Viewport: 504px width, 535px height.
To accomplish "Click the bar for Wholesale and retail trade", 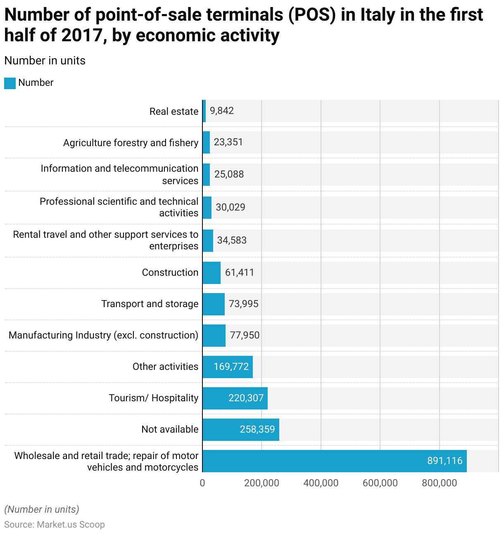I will coord(335,461).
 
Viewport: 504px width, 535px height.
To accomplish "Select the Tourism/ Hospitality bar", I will coord(235,398).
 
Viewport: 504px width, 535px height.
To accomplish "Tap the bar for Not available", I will coord(241,430).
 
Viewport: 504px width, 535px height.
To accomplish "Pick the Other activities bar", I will coord(228,367).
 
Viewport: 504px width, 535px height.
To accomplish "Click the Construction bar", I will coord(212,273).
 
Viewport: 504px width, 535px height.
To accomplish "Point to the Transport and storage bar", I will coord(214,304).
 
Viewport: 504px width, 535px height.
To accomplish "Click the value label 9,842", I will coord(222,111).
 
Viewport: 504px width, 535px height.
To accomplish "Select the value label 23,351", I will coord(228,142).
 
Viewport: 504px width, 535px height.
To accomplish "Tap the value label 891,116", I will coord(445,461).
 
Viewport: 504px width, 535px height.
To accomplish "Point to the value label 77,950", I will coord(245,335).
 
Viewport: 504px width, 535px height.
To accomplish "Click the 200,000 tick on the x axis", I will coord(262,483).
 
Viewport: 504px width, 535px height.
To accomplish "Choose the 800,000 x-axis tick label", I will coord(439,483).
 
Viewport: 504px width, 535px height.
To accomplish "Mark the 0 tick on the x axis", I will coord(202,483).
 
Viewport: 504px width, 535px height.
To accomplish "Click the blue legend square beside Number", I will coord(10,83).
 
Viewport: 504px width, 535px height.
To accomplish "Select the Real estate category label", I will coord(174,111).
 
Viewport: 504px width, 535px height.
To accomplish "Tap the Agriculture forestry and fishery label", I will coord(131,143).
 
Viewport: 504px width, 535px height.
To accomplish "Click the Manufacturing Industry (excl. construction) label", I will coord(103,335).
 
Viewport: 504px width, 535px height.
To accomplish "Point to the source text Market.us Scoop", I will coord(71,525).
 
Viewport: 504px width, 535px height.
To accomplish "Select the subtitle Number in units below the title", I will coord(45,61).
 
